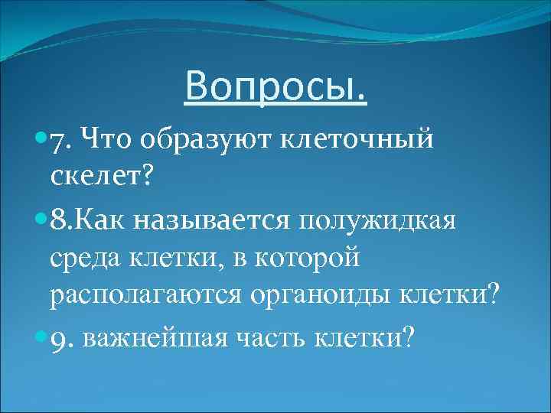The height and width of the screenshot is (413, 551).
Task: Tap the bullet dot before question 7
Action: [41, 140]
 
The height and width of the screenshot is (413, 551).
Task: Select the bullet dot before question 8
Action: [41, 221]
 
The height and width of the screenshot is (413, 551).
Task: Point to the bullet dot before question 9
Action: [41, 337]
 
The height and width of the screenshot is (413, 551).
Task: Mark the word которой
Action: [306, 257]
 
